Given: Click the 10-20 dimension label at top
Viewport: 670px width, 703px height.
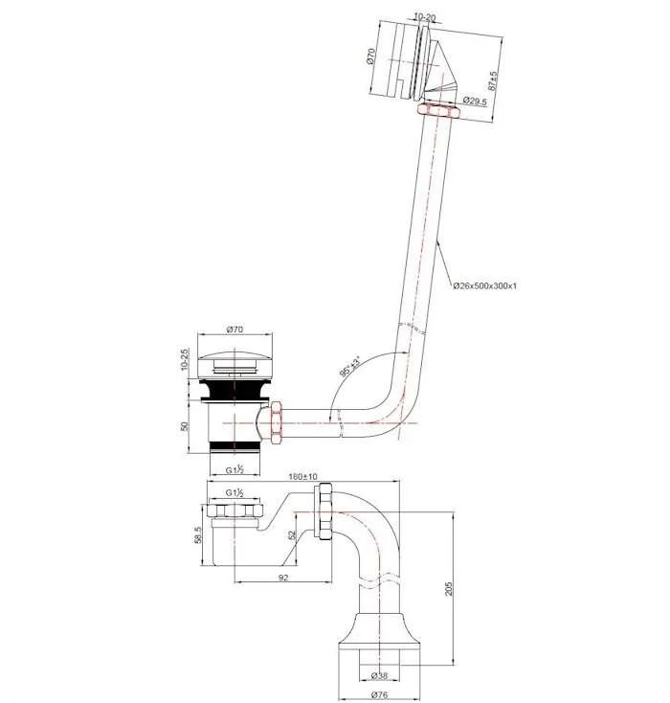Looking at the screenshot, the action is coord(424,17).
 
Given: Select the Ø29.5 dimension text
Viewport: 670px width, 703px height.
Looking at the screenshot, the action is coord(475,101).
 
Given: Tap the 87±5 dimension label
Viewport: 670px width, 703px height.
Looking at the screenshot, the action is coord(493,81).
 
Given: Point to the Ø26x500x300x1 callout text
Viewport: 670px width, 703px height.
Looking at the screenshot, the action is coord(484,285).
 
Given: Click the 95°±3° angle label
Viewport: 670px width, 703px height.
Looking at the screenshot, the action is coord(350,366).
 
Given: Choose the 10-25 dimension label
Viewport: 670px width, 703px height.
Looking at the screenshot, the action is coord(185,360).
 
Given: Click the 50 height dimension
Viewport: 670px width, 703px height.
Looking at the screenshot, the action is coord(184,426).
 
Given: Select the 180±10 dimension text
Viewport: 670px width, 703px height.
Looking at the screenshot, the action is coord(302,476).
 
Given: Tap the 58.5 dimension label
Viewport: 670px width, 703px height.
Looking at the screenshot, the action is coord(198,535).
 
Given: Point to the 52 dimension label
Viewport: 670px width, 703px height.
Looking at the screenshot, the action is coord(292,534).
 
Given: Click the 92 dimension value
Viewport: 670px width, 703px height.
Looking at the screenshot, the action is coord(283,578).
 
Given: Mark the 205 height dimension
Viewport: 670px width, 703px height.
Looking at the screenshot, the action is coord(449,589).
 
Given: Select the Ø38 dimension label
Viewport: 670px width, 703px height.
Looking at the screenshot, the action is coord(379,675).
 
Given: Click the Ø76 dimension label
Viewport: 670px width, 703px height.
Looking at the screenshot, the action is coord(379,694).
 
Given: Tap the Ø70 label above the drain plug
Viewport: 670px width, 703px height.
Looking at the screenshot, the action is coord(234,329).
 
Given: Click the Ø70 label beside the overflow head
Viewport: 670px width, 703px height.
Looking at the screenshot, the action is coord(371,57).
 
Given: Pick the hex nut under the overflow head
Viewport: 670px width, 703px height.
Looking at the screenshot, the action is coord(437,110).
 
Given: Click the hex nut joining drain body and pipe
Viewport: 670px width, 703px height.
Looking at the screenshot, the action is coord(276,422).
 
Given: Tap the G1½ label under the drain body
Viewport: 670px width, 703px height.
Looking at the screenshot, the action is coord(234,470).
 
